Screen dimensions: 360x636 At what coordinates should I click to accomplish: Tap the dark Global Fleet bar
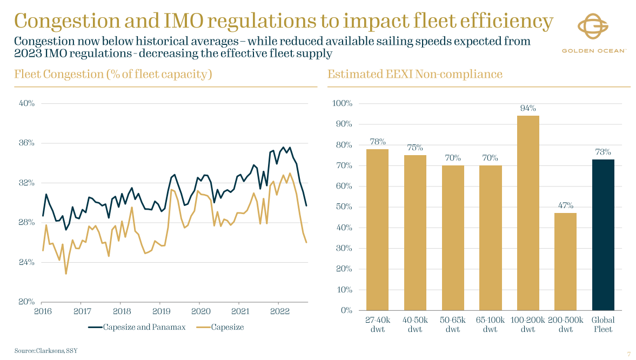(x=603, y=235)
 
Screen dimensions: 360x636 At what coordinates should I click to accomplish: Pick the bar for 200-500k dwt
(x=565, y=262)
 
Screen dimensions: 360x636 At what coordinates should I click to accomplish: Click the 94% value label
(x=528, y=108)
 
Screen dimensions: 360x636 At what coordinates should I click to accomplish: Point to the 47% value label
(x=566, y=205)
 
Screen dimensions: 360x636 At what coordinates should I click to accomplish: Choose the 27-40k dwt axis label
(x=377, y=324)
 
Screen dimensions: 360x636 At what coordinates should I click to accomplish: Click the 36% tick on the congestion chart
(x=26, y=143)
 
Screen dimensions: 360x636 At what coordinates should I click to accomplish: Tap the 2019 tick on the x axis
(x=161, y=311)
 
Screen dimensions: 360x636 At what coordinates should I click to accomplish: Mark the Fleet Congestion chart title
(x=112, y=74)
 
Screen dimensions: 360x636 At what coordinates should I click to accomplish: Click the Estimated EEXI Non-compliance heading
(x=414, y=74)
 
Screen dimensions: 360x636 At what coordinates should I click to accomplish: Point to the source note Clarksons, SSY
(x=46, y=351)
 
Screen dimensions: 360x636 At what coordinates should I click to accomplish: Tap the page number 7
(x=628, y=354)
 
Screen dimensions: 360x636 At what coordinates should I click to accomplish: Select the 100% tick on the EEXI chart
(x=342, y=103)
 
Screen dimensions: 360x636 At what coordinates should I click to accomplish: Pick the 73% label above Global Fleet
(x=603, y=152)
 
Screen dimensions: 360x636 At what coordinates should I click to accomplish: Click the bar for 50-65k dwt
(x=452, y=237)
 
